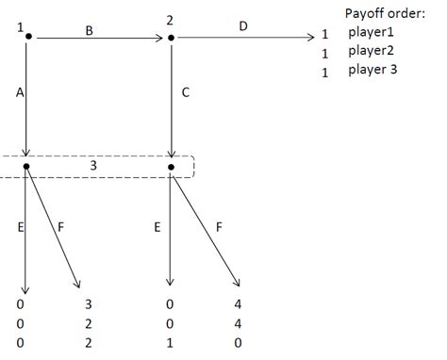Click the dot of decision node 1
[28, 37]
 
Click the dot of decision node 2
[171, 38]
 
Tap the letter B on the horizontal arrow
[89, 29]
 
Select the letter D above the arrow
[243, 26]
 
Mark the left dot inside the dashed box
[27, 166]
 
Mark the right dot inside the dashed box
[171, 167]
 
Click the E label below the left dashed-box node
[19, 227]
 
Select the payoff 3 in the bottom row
[86, 304]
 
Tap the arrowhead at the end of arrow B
[161, 38]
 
